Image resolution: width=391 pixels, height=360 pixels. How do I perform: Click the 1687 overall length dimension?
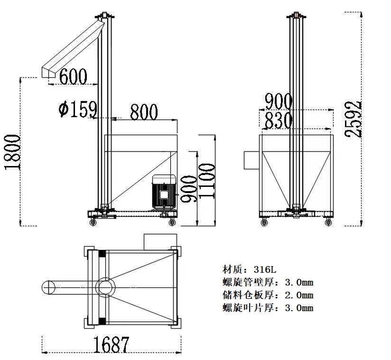click(x=111, y=345)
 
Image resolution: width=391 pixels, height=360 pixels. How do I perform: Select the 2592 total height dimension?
click(x=353, y=119)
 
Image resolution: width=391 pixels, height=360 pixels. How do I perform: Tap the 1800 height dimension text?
click(x=12, y=152)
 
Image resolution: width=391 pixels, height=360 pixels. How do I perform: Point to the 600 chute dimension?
click(x=73, y=76)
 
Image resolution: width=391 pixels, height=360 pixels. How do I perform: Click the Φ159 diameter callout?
click(x=77, y=109)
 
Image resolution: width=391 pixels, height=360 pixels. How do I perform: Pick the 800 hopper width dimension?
click(x=144, y=112)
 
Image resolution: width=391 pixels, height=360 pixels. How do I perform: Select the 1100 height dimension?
click(x=207, y=181)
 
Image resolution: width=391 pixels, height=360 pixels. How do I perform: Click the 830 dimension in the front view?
click(x=278, y=120)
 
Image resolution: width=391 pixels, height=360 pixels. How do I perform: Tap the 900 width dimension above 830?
click(x=278, y=101)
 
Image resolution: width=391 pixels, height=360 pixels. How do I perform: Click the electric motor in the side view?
click(x=164, y=192)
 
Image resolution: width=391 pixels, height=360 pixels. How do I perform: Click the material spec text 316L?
click(x=265, y=269)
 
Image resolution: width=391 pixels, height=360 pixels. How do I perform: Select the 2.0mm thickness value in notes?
click(x=299, y=295)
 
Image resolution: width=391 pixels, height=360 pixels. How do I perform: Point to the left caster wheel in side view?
click(x=93, y=222)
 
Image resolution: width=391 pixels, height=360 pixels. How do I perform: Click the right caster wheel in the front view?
click(x=328, y=222)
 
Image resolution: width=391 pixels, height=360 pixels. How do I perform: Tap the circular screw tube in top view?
click(x=106, y=287)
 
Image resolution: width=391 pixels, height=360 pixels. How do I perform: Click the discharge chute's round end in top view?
click(x=48, y=287)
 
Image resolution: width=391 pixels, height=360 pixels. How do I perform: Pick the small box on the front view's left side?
click(x=251, y=160)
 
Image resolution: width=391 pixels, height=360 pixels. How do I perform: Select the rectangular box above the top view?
click(x=160, y=242)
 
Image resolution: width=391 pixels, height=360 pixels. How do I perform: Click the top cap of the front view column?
click(x=296, y=15)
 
